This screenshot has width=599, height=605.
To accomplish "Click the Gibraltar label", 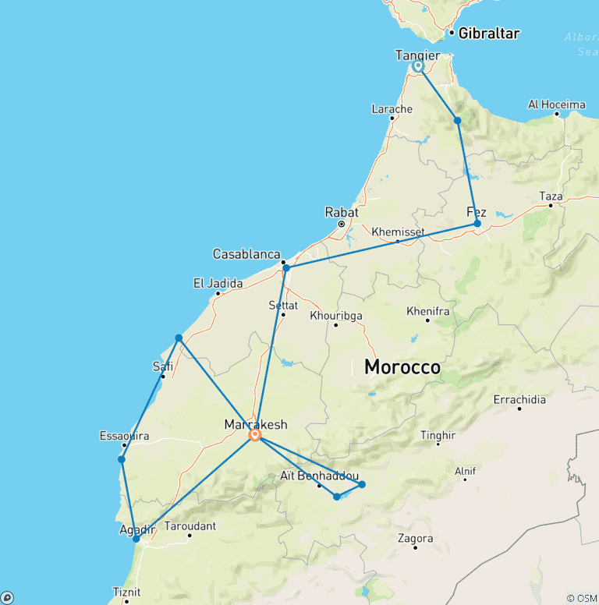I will click(488, 34).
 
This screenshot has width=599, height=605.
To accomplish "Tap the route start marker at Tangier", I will click(418, 66).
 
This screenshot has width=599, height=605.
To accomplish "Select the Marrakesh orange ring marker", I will click(254, 436).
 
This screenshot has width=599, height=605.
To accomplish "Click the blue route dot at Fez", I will click(477, 224).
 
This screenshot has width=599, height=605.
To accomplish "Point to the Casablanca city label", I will click(246, 254).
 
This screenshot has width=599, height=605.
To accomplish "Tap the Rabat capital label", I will click(342, 212).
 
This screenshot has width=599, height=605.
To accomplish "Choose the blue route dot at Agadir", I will click(136, 539).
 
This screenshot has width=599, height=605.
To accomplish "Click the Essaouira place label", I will click(124, 436).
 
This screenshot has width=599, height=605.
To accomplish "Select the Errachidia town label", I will click(520, 400).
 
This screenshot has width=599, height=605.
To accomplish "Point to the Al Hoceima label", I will click(557, 104).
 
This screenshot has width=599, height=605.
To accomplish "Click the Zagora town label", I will click(415, 539).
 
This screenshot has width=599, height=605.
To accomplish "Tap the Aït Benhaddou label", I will click(320, 476).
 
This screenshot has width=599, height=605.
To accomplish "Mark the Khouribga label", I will click(336, 316).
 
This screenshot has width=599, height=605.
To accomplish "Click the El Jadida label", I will click(218, 284).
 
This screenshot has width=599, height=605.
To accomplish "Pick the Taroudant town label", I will click(190, 526).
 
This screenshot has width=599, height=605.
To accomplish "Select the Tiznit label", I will click(127, 592).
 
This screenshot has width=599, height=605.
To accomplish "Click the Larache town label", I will click(392, 109).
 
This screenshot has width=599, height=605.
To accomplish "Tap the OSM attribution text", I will click(582, 598).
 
